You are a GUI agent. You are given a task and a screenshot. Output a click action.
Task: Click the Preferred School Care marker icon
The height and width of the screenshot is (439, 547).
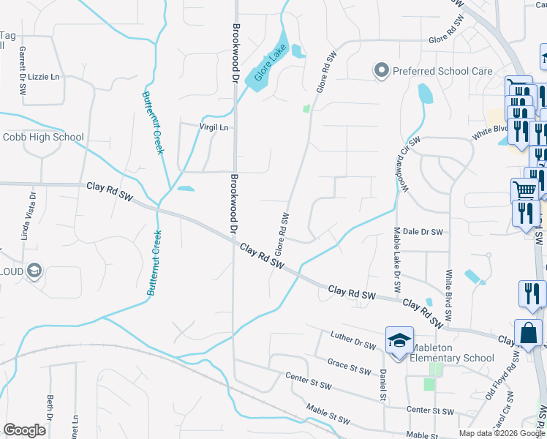pos(381,71)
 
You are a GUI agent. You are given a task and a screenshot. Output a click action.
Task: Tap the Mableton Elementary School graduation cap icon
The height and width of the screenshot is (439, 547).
pos(399,341)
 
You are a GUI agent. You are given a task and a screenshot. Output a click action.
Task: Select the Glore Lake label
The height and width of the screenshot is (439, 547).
pos(268,64)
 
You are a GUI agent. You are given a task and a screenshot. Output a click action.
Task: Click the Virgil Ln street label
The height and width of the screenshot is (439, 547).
pos(214,127)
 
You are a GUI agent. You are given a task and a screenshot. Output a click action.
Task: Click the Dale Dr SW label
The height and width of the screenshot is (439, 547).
pos(423,232)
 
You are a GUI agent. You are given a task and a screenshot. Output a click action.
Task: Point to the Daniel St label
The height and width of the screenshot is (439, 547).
pos(382,384)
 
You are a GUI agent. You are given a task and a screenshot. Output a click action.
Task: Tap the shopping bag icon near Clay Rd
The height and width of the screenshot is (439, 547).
pos(528,333)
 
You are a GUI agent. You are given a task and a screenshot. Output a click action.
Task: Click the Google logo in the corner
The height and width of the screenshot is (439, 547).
pos(24,430)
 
